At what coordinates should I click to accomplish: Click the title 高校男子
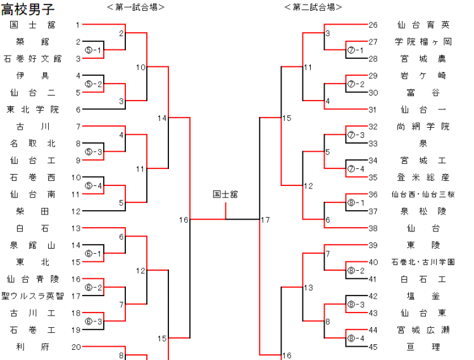(28, 9)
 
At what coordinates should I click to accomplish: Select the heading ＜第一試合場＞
(135, 7)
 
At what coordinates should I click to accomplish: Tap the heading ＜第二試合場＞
(313, 7)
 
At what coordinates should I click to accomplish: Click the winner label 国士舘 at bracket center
(225, 195)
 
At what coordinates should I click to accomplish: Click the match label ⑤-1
(93, 50)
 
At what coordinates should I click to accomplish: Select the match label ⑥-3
(93, 321)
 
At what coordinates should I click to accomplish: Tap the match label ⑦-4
(356, 169)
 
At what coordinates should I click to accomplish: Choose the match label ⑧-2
(356, 270)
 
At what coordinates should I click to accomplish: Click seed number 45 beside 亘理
(373, 347)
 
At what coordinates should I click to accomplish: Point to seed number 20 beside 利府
(76, 347)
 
